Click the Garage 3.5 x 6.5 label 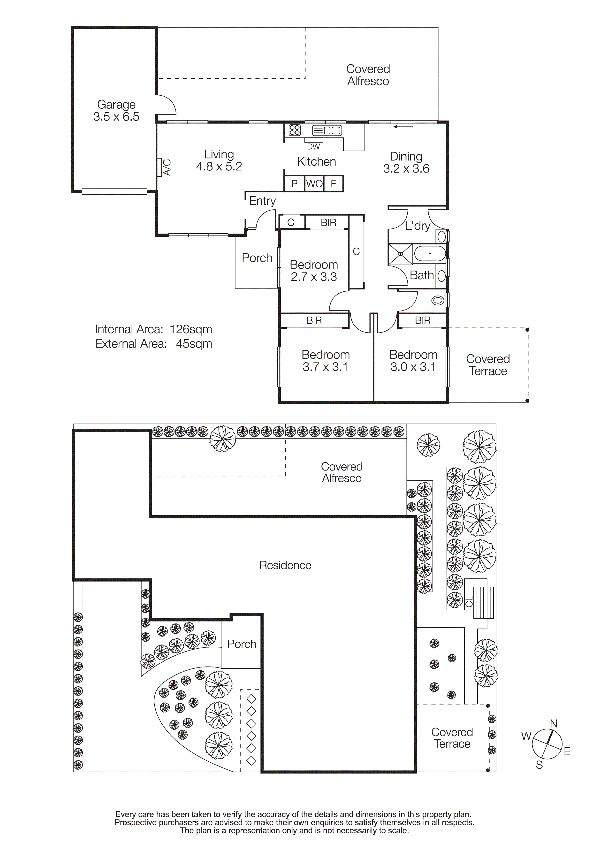(x=116, y=111)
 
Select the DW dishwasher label (x=313, y=147)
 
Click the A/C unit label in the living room (x=167, y=167)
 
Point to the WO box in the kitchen (x=314, y=183)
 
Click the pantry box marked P (x=294, y=184)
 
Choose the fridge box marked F (x=334, y=183)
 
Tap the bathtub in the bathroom (x=430, y=254)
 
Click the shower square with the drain (x=400, y=254)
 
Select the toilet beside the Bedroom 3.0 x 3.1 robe (x=438, y=300)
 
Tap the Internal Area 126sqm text (x=153, y=329)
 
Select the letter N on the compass (x=554, y=724)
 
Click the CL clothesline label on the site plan (x=469, y=601)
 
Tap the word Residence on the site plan (x=285, y=565)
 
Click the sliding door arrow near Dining (x=403, y=127)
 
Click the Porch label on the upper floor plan (x=257, y=258)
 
